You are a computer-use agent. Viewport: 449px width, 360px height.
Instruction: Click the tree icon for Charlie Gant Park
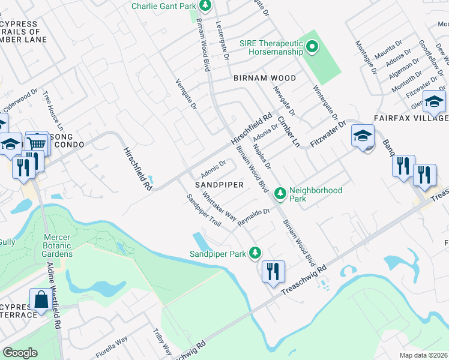(x=205, y=5)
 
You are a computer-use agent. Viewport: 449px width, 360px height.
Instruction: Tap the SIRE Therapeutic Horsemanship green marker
(x=312, y=46)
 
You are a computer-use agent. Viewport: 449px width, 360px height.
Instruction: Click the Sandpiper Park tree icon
(x=256, y=253)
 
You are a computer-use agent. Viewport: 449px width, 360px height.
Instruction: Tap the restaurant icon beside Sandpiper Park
(x=273, y=271)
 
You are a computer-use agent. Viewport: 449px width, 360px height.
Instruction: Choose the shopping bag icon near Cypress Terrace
(x=41, y=299)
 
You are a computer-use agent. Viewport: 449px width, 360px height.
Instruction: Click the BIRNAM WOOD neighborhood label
(x=265, y=78)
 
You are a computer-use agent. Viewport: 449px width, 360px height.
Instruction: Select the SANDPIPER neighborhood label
(x=218, y=185)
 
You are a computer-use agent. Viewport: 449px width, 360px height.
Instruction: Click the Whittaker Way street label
(x=219, y=206)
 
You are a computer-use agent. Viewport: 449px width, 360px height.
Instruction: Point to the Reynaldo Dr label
(x=254, y=217)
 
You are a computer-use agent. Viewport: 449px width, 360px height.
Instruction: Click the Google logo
(x=20, y=353)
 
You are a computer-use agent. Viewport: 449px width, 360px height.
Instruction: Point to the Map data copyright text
(x=424, y=355)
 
